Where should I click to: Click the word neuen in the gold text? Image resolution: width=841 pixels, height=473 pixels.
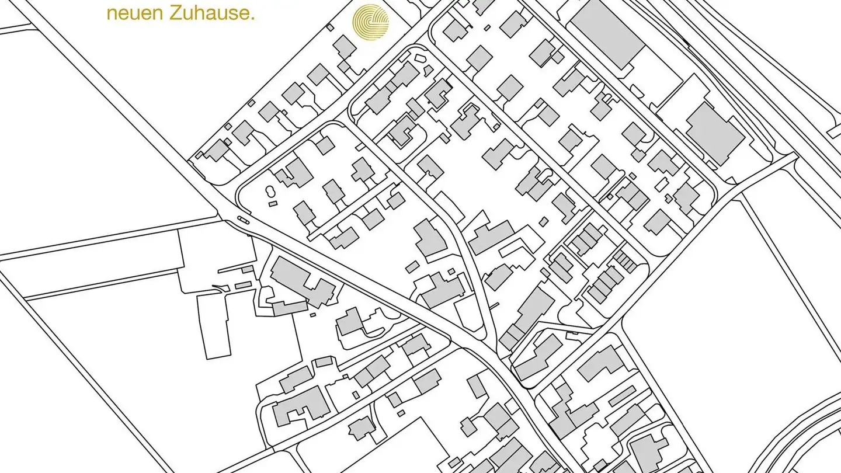pyautogui.click(x=128, y=13)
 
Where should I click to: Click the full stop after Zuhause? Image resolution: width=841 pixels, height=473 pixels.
pyautogui.click(x=253, y=18)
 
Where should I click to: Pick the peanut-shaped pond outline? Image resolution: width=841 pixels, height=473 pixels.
pyautogui.click(x=269, y=191)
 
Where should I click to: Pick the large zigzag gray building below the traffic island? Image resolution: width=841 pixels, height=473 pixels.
pyautogui.click(x=301, y=282)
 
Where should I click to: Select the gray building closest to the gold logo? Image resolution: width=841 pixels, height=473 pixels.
pyautogui.click(x=345, y=47)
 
